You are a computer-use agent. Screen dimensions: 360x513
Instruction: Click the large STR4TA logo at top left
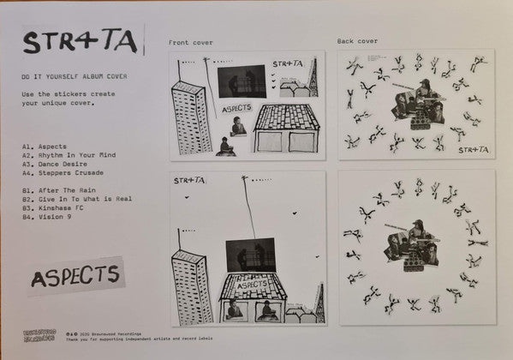click(81, 41)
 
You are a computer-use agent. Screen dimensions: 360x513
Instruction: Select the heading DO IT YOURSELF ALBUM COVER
click(75, 76)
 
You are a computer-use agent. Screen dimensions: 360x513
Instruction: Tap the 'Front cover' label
click(191, 42)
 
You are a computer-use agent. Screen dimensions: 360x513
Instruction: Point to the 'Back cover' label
click(357, 41)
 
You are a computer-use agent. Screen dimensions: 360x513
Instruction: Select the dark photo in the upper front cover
click(240, 81)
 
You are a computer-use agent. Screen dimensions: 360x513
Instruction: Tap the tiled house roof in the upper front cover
click(288, 116)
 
